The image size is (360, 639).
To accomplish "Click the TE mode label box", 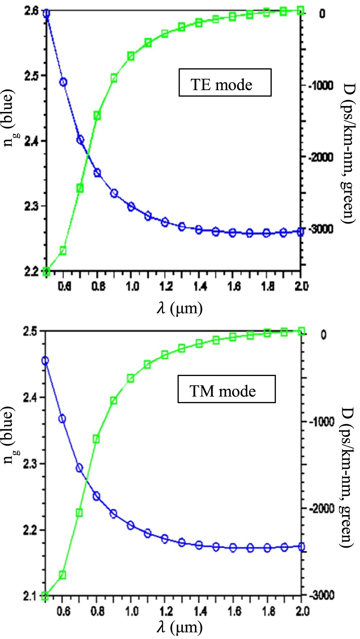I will tap(225, 83).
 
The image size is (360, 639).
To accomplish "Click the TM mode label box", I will tap(226, 389).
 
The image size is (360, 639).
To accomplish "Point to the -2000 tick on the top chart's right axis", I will tap(321, 158).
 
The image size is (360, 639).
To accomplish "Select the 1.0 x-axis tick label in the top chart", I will tap(132, 287).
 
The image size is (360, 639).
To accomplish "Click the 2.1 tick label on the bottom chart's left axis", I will tap(30, 596).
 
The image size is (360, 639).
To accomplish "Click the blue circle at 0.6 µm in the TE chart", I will tap(63, 82).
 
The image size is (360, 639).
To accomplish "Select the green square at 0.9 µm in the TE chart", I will tap(114, 78).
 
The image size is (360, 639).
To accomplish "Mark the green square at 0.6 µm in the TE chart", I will tap(63, 250).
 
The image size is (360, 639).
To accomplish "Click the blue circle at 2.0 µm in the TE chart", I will tap(300, 232).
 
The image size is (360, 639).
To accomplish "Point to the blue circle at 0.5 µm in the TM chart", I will tap(45, 361).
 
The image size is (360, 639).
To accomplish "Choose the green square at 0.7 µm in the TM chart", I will tap(79, 513).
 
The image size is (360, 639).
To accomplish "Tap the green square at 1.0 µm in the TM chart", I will tap(130, 379).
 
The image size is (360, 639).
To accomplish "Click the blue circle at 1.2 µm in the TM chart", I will tap(165, 539).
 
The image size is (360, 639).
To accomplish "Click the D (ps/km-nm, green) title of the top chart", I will tap(348, 152).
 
